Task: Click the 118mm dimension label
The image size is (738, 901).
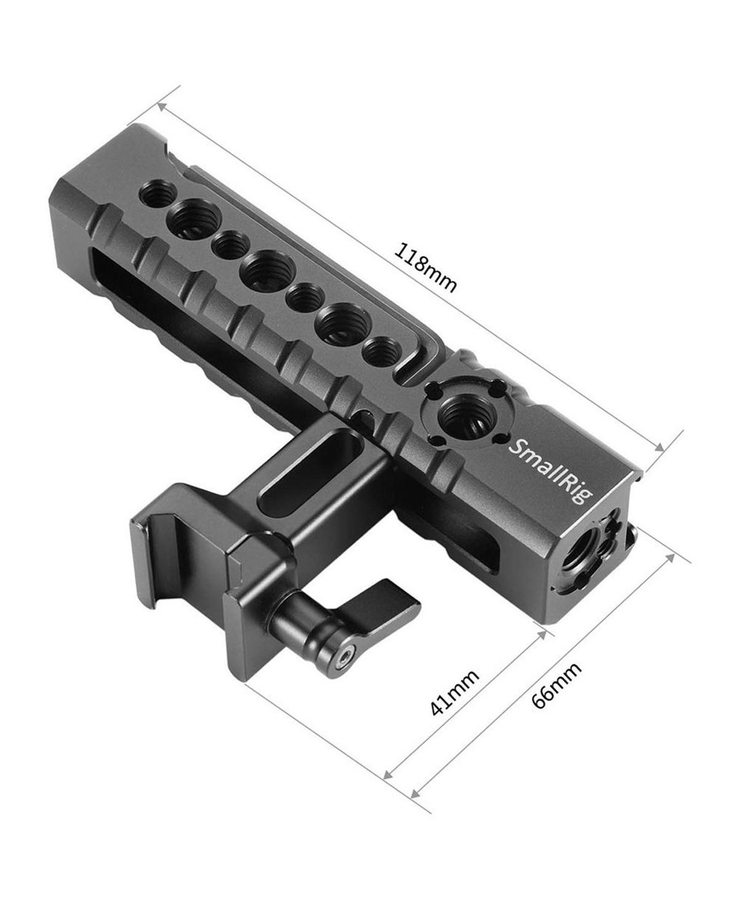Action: click(426, 269)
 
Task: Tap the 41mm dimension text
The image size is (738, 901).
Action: click(456, 692)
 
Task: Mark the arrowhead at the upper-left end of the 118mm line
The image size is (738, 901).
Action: click(162, 106)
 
